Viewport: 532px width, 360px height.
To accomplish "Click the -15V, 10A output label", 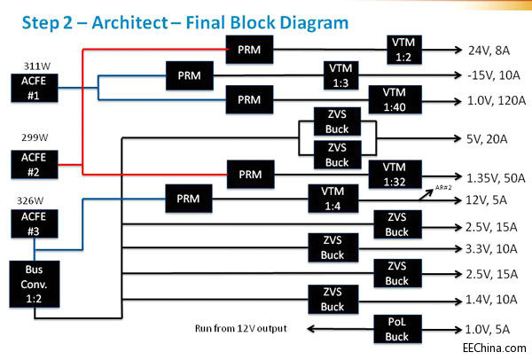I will (x=485, y=75).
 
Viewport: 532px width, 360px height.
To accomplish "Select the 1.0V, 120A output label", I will (x=487, y=100).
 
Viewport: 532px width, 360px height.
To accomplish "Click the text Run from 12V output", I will (x=244, y=328).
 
